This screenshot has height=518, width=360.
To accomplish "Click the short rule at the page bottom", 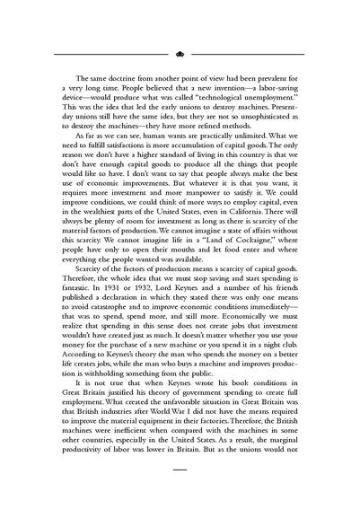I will pyautogui.click(x=180, y=494).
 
